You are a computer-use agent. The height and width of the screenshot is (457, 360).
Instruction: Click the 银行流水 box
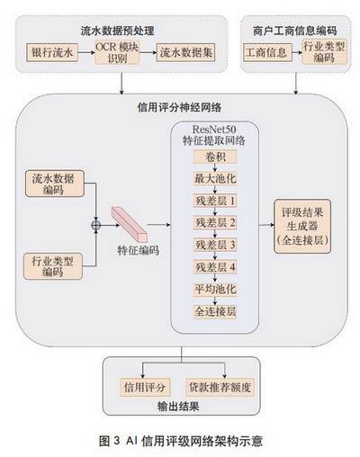pyautogui.click(x=52, y=53)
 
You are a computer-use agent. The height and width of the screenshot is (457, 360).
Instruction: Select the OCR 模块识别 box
pyautogui.click(x=117, y=52)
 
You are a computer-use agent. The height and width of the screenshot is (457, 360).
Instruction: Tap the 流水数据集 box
pyautogui.click(x=185, y=53)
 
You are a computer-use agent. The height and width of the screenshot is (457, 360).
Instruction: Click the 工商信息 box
pyautogui.click(x=267, y=53)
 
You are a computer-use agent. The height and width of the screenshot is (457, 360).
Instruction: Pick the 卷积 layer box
pyautogui.click(x=215, y=157)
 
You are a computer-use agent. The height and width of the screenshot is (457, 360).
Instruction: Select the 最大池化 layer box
pyautogui.click(x=215, y=179)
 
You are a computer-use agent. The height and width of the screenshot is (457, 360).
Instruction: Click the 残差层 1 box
pyautogui.click(x=215, y=201)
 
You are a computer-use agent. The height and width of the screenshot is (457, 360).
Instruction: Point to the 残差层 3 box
pyautogui.click(x=215, y=245)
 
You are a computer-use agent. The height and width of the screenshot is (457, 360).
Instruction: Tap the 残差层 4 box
pyautogui.click(x=215, y=267)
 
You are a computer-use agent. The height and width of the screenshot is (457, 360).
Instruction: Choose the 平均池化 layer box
pyautogui.click(x=215, y=290)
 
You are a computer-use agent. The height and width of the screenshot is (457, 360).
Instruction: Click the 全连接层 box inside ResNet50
pyautogui.click(x=215, y=311)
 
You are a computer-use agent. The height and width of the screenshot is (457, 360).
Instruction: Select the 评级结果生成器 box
pyautogui.click(x=302, y=227)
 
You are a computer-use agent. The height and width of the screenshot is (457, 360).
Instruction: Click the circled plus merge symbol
pyautogui.click(x=95, y=225)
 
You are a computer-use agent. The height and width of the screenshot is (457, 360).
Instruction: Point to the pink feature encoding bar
pyautogui.click(x=130, y=224)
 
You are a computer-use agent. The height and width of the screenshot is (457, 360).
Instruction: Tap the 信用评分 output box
pyautogui.click(x=145, y=387)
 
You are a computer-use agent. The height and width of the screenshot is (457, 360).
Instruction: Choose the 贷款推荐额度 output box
pyautogui.click(x=220, y=387)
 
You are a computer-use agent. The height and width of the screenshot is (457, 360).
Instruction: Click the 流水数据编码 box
pyautogui.click(x=54, y=184)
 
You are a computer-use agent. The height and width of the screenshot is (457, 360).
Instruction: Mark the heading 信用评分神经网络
pyautogui.click(x=179, y=107)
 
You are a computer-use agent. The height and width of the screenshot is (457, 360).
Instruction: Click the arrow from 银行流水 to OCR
pyautogui.click(x=86, y=53)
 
